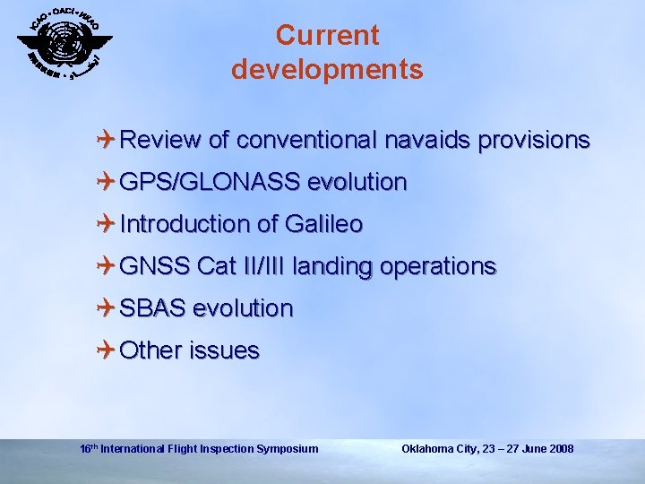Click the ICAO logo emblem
pyautogui.click(x=64, y=42)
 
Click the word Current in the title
pyautogui.click(x=327, y=36)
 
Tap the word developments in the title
pyautogui.click(x=327, y=70)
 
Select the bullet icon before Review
pyautogui.click(x=107, y=140)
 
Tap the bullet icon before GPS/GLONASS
pyautogui.click(x=107, y=182)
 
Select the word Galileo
pyautogui.click(x=325, y=224)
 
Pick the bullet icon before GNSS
pyautogui.click(x=107, y=266)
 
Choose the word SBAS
pyautogui.click(x=152, y=308)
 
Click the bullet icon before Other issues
pyautogui.click(x=107, y=350)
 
